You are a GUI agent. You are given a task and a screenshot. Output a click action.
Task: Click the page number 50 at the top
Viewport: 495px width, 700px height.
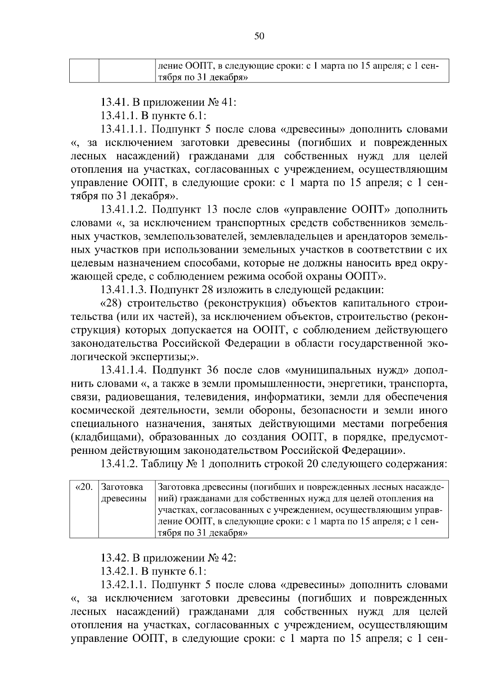click(x=259, y=36)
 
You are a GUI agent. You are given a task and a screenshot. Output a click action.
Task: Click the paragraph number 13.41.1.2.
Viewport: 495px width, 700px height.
click(x=124, y=210)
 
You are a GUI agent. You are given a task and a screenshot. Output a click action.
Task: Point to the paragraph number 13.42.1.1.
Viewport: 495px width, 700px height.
click(x=124, y=585)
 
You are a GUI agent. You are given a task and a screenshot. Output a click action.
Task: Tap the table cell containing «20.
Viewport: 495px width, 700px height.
click(x=84, y=487)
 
